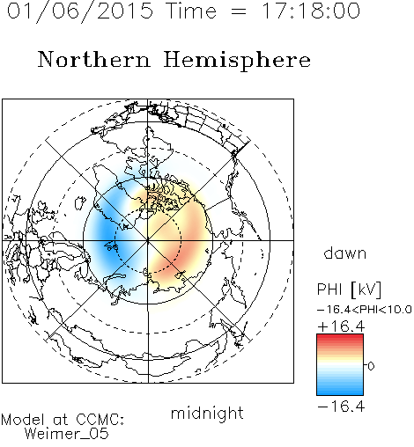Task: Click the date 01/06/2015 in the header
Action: [x=80, y=11]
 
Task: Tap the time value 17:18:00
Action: [x=311, y=11]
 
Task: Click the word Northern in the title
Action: [x=94, y=60]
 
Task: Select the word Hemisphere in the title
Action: [x=237, y=60]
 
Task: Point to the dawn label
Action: [x=345, y=253]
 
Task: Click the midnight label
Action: [x=207, y=414]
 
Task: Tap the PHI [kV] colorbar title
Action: [x=350, y=289]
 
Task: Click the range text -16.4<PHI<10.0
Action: [x=365, y=310]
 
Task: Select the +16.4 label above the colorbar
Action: [x=341, y=326]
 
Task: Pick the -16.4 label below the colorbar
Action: [x=341, y=407]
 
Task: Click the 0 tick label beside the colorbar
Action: [x=371, y=366]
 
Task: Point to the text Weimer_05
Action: [x=67, y=434]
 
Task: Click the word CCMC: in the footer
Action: [x=100, y=420]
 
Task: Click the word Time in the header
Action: [x=191, y=11]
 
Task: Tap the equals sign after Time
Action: [x=239, y=11]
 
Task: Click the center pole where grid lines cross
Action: [x=148, y=240]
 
